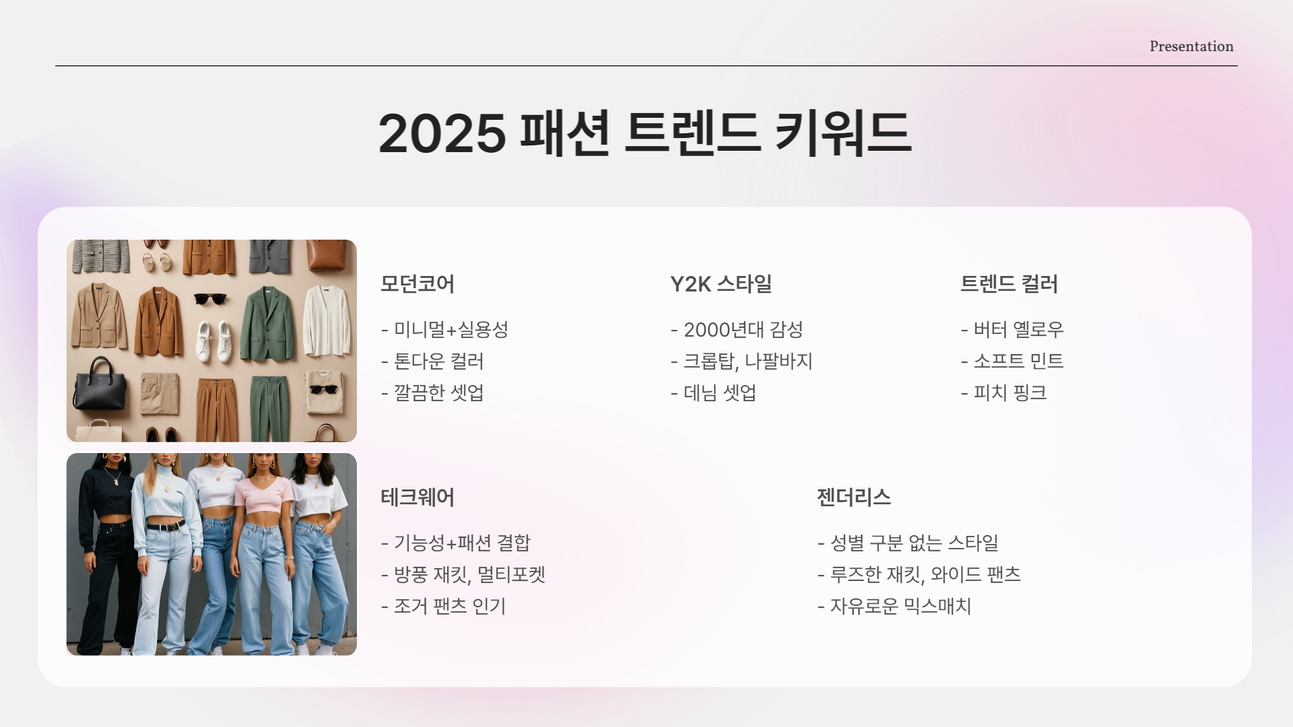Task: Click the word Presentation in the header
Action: tap(1191, 46)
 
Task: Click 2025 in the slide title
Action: tap(442, 133)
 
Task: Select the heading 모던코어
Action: tap(417, 284)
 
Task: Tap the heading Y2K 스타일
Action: tap(721, 284)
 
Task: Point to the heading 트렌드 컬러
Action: tap(1008, 284)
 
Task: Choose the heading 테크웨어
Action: tap(417, 497)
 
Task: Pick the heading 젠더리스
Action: tap(853, 497)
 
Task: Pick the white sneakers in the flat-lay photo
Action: tap(214, 340)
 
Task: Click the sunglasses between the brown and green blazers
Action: tap(209, 298)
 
